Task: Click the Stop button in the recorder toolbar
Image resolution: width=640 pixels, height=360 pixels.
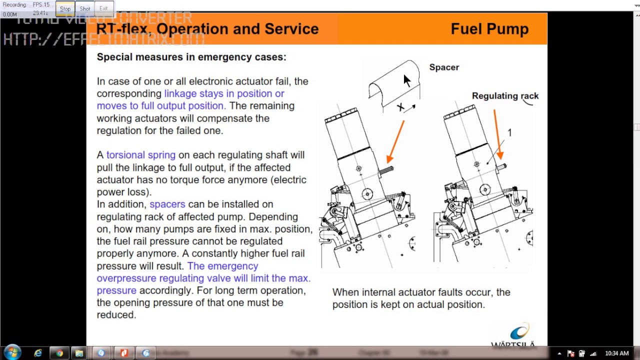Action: point(65,8)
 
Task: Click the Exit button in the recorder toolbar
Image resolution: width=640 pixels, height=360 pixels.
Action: point(103,8)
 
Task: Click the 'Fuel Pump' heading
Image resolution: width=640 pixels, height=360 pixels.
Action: point(489,29)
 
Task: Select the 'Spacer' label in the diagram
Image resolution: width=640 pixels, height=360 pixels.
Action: point(443,67)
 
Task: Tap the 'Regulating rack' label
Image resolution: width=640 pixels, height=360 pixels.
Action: point(505,96)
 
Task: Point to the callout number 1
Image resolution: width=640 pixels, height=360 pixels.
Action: point(509,132)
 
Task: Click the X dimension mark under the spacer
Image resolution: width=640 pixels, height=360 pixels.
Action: point(400,107)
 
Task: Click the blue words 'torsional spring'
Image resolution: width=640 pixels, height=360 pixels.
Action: point(140,155)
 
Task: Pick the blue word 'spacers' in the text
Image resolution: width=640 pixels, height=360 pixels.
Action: point(167,204)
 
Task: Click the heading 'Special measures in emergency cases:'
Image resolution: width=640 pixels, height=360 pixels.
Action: point(191,57)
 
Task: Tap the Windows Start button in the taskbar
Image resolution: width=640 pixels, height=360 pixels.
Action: point(12,353)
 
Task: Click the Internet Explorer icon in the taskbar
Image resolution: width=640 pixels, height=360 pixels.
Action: point(38,353)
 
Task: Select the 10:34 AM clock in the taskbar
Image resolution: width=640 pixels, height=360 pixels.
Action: point(616,353)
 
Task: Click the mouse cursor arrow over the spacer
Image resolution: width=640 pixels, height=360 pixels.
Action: point(406,80)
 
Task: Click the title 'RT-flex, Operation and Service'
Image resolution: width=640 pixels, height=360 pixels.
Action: point(207,29)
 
